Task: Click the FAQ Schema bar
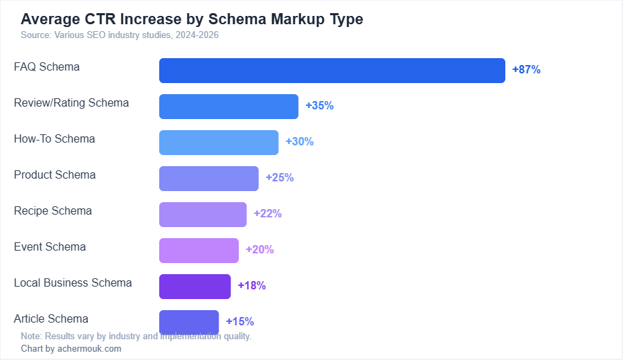332,71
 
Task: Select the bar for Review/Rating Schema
228,107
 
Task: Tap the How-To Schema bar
219,143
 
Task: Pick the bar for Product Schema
209,179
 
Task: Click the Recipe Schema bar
203,215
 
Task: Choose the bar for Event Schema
199,251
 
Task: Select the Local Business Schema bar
195,287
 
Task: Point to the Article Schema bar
189,321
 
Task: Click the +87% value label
526,70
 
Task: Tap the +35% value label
320,106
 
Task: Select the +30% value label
300,142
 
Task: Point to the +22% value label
268,214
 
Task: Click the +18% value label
252,286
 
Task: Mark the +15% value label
240,322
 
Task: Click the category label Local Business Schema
73,283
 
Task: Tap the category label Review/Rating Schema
71,103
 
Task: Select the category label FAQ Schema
46,67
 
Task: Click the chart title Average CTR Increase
192,19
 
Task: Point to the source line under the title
120,35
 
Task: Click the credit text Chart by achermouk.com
71,349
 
